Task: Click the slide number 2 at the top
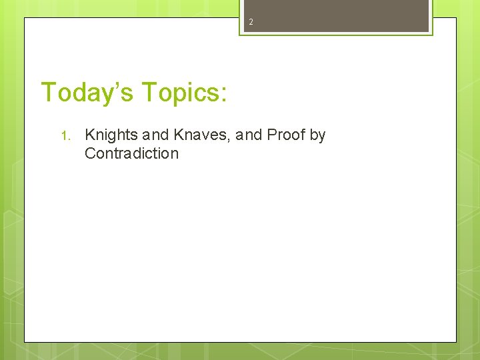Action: click(x=251, y=22)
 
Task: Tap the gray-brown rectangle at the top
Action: click(x=335, y=15)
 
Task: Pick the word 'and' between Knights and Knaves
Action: click(x=156, y=135)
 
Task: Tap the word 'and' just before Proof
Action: click(x=249, y=135)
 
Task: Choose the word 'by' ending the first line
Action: click(x=317, y=135)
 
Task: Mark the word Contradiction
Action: click(x=131, y=153)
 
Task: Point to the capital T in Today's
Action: click(x=49, y=92)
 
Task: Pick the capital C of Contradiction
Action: click(x=90, y=153)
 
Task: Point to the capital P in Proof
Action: click(x=271, y=135)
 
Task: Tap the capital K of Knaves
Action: click(x=179, y=135)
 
